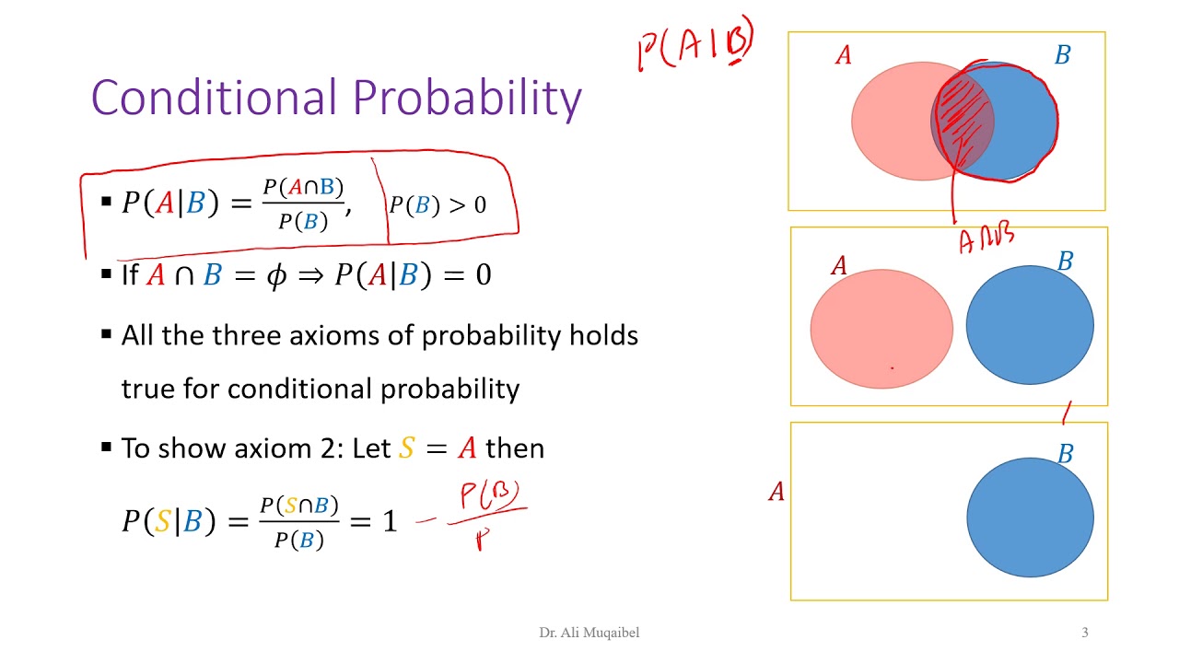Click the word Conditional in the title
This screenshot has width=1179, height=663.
pyautogui.click(x=210, y=98)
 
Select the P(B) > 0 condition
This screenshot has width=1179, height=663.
pyautogui.click(x=438, y=204)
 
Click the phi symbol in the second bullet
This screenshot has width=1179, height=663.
pyautogui.click(x=276, y=275)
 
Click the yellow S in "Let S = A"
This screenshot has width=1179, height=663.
pyautogui.click(x=407, y=448)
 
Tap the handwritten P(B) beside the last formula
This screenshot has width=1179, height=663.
pyautogui.click(x=492, y=496)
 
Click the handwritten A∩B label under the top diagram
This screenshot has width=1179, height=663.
pyautogui.click(x=986, y=239)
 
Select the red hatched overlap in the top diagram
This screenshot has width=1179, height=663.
pyautogui.click(x=961, y=120)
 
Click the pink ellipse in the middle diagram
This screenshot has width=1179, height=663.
pyautogui.click(x=881, y=329)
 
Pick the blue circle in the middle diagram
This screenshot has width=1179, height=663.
pyautogui.click(x=1030, y=324)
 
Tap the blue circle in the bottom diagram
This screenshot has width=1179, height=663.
pyautogui.click(x=1030, y=518)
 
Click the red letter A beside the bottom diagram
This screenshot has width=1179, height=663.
pyautogui.click(x=776, y=493)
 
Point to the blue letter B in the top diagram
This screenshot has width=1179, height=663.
pyautogui.click(x=1062, y=56)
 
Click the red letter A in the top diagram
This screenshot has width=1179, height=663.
pyautogui.click(x=843, y=56)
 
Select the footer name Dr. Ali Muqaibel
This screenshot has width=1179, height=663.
pyautogui.click(x=589, y=633)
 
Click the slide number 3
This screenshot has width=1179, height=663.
pyautogui.click(x=1084, y=633)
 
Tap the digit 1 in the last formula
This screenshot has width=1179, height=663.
pyautogui.click(x=389, y=522)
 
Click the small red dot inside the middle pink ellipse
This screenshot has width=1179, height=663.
pyautogui.click(x=892, y=367)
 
